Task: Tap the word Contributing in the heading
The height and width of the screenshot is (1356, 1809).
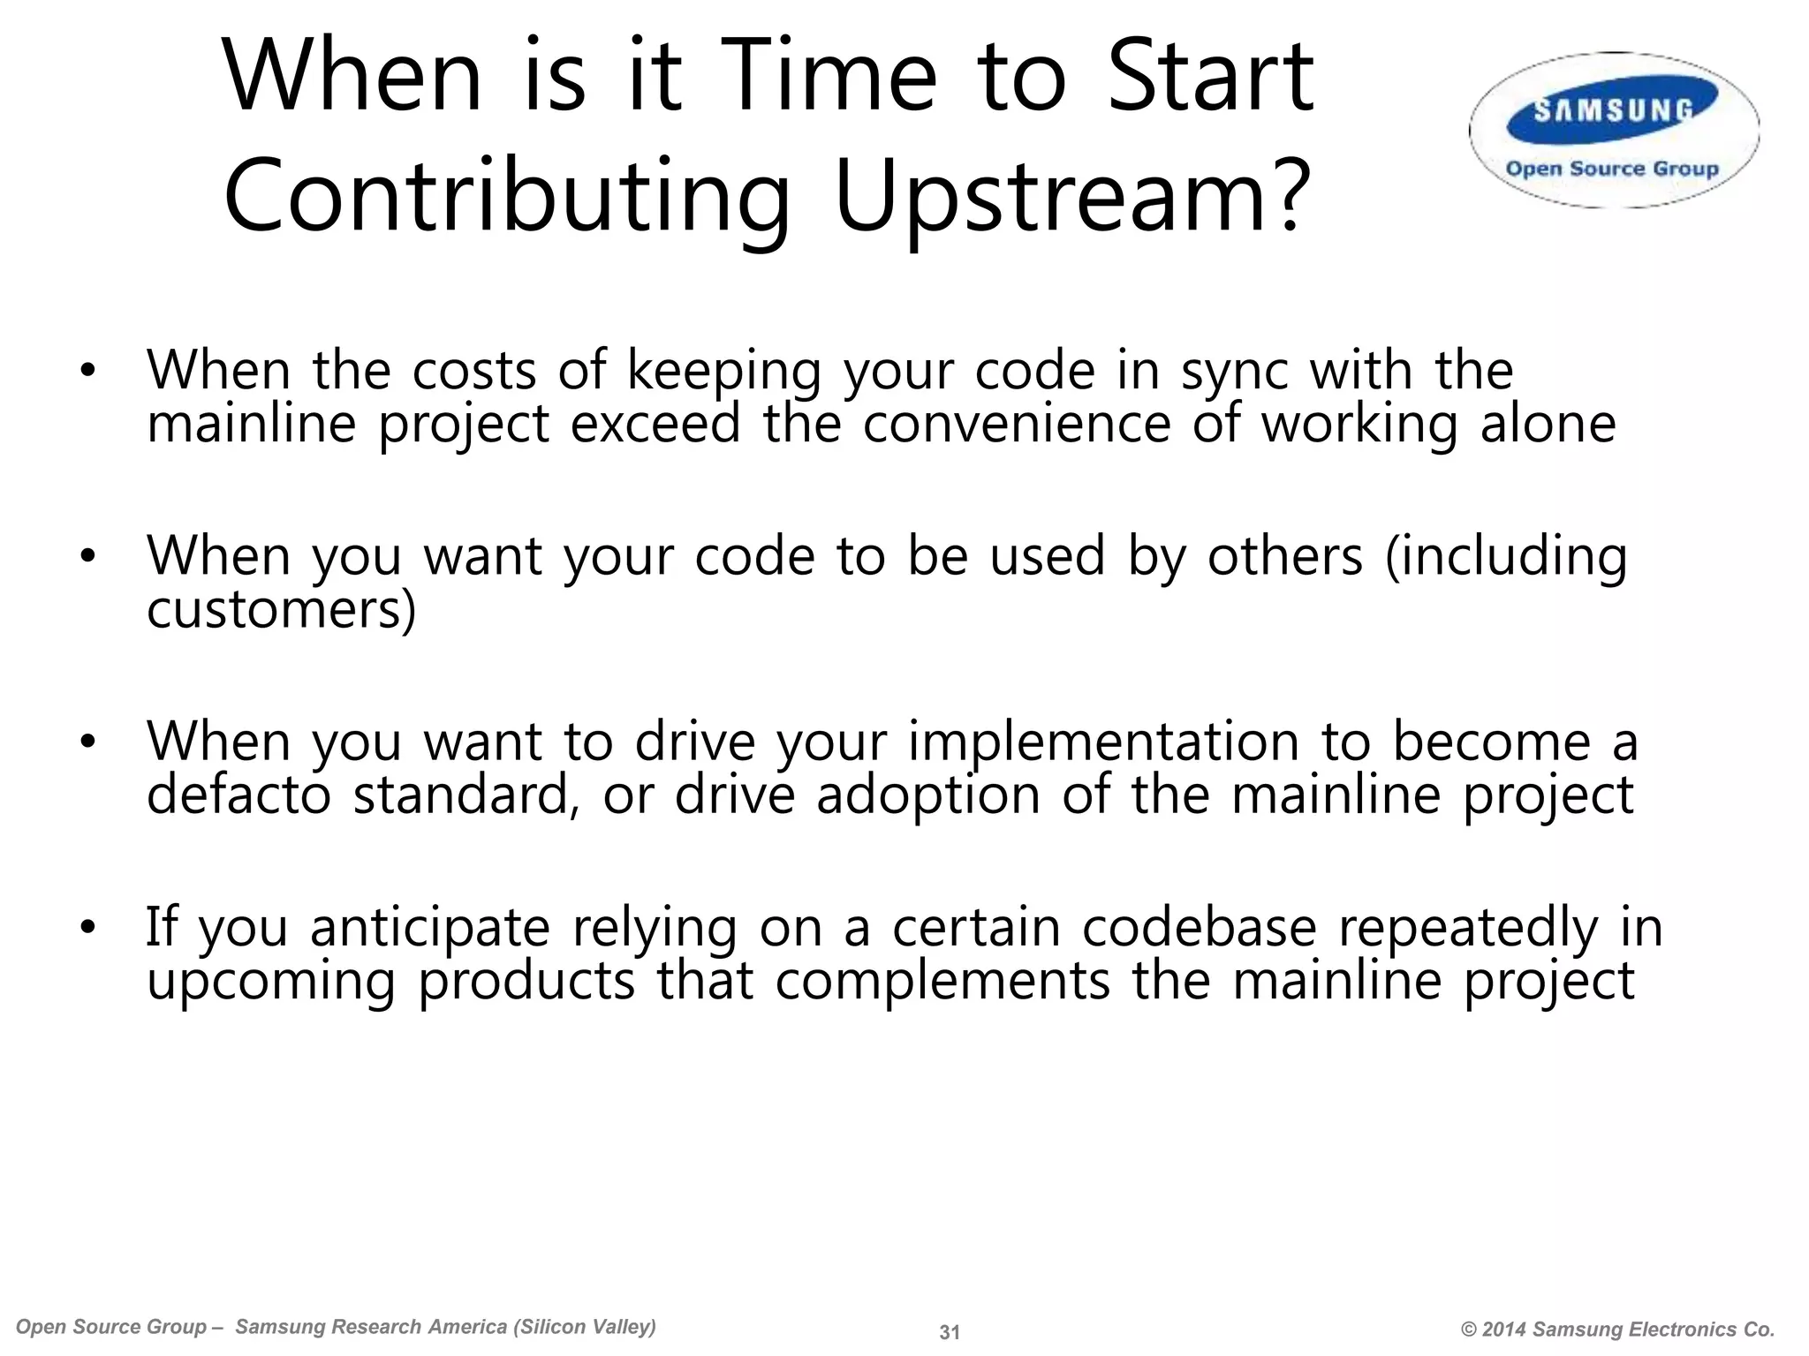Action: (506, 196)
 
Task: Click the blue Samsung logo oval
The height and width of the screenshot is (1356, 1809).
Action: (1613, 110)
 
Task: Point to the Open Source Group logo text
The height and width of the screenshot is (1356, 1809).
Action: (1612, 169)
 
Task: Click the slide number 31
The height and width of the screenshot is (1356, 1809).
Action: (950, 1332)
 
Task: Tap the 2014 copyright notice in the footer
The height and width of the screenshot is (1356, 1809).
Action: (1617, 1330)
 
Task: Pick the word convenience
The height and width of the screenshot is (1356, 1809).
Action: (1016, 424)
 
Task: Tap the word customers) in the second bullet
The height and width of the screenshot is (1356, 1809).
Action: (281, 610)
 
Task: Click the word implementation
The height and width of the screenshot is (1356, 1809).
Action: (1103, 742)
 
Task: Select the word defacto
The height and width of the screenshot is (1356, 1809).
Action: (238, 795)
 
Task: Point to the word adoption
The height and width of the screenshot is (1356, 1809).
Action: (928, 795)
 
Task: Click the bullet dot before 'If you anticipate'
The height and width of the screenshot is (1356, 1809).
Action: (87, 929)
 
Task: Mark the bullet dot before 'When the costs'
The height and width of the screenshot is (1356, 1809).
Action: (87, 373)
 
